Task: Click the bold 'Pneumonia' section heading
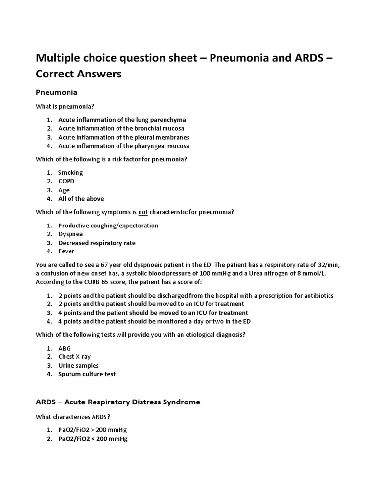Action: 57,92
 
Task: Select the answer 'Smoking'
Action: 70,173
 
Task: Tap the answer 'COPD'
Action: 66,181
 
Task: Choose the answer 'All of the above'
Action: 81,199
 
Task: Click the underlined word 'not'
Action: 143,212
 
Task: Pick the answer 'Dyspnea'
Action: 70,234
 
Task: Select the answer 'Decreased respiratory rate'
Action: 96,243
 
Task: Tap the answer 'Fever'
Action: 66,252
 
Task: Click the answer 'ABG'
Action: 65,348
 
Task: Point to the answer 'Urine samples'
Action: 78,366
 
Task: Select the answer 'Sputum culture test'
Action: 87,375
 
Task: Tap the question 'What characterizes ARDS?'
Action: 73,417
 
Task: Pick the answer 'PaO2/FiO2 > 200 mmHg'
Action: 93,430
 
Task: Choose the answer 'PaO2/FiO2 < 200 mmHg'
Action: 93,439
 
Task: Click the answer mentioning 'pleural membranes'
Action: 123,137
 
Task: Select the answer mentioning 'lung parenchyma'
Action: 122,120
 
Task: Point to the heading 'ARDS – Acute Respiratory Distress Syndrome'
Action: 118,402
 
